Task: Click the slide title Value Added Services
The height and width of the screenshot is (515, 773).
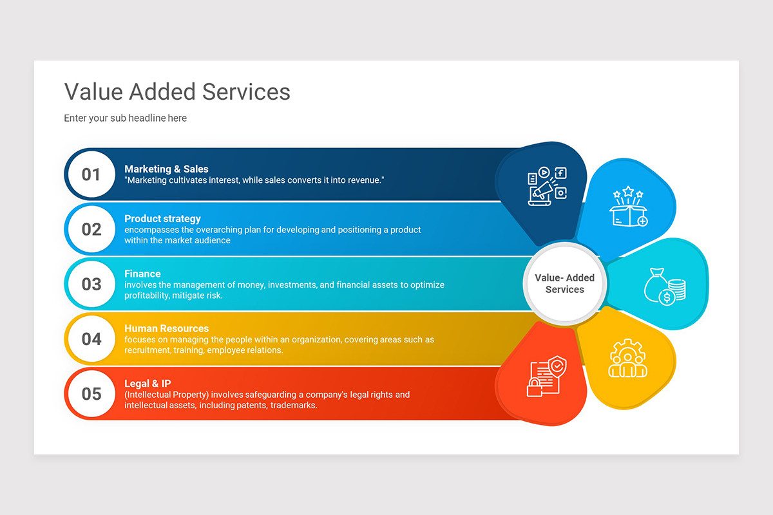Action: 177,92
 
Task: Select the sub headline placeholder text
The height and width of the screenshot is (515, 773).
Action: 125,118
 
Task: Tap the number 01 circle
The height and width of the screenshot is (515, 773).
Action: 91,174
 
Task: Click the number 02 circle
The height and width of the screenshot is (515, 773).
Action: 91,229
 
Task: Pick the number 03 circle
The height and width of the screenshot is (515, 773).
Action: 91,284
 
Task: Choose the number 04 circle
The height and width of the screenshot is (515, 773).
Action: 91,339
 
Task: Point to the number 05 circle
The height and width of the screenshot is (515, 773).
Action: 91,393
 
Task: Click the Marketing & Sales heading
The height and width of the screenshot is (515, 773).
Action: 166,169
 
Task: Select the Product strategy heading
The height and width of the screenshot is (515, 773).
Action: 162,219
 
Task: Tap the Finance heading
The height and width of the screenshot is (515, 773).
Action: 142,274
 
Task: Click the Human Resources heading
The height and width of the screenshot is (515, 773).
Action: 166,328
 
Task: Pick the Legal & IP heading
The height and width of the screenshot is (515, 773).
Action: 148,384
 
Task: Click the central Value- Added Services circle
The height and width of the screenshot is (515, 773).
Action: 564,284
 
